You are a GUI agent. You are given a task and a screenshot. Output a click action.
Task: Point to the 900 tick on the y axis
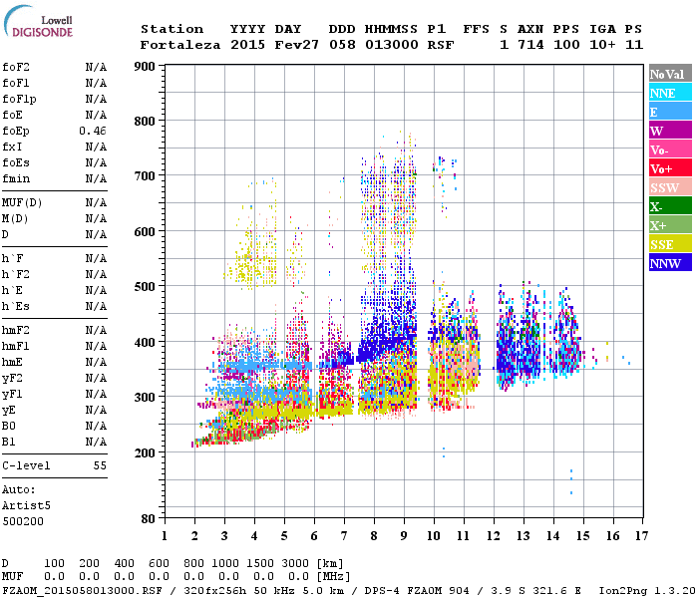(x=145, y=67)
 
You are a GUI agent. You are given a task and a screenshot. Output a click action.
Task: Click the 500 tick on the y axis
(x=145, y=287)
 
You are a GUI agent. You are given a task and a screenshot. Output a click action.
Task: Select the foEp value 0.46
(x=93, y=131)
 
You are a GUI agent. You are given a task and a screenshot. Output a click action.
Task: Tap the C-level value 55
(x=100, y=465)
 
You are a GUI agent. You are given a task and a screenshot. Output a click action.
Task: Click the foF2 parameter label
(x=16, y=67)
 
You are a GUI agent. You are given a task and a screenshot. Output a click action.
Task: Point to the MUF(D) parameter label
(x=21, y=202)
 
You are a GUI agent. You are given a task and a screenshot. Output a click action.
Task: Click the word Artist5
(x=23, y=505)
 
